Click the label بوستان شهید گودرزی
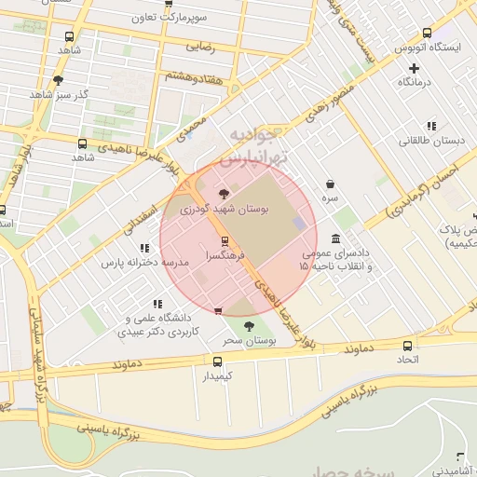pyautogui.click(x=222, y=211)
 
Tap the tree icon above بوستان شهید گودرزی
pyautogui.click(x=222, y=194)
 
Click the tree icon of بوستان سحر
pyautogui.click(x=248, y=326)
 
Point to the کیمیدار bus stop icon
pyautogui.click(x=217, y=361)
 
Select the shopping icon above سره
pyautogui.click(x=332, y=184)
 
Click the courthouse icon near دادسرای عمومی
pyautogui.click(x=335, y=238)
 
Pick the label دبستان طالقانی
pyautogui.click(x=429, y=141)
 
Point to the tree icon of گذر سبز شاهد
pyautogui.click(x=59, y=79)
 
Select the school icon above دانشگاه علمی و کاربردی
pyautogui.click(x=156, y=304)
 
